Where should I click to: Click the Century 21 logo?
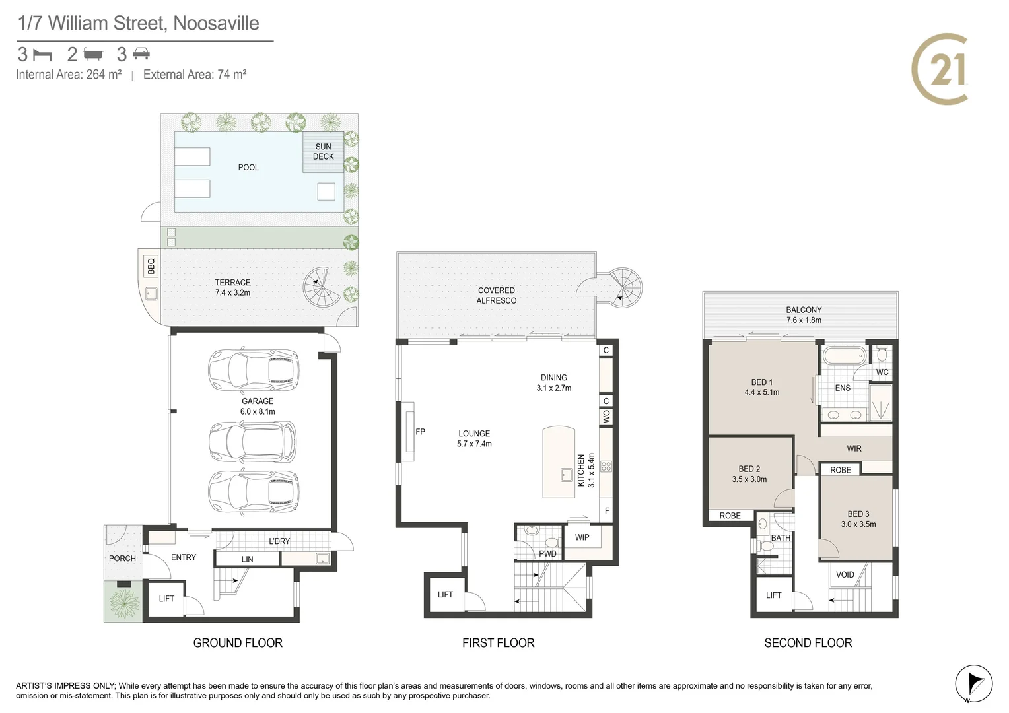click(x=940, y=69)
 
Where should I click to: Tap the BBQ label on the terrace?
click(x=151, y=265)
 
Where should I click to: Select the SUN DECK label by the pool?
click(x=323, y=152)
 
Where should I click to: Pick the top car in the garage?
click(x=254, y=370)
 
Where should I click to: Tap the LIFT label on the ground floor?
click(x=166, y=599)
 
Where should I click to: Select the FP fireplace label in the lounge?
click(x=420, y=432)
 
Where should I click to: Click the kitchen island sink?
click(x=567, y=474)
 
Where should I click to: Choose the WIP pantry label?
click(x=582, y=537)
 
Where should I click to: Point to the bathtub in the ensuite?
click(x=843, y=355)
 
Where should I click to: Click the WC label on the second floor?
click(x=882, y=372)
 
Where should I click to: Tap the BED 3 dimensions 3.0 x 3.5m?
click(x=858, y=524)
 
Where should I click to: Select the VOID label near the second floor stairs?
click(x=845, y=575)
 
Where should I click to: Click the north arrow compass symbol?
click(x=974, y=683)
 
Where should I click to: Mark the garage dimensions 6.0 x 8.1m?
click(x=258, y=411)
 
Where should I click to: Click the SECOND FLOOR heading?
click(x=808, y=643)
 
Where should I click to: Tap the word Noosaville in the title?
click(x=216, y=24)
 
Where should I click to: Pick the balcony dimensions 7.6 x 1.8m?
click(x=804, y=320)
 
